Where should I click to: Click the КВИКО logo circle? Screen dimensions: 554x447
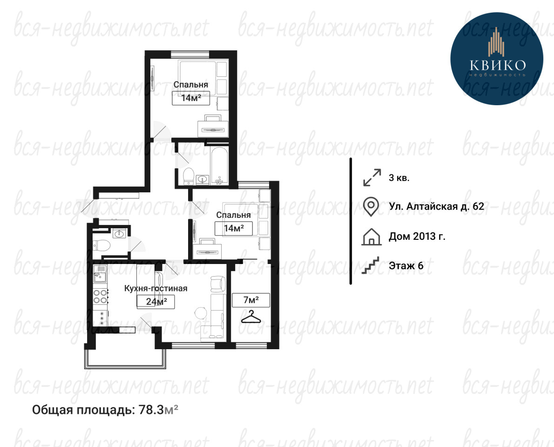(496, 58)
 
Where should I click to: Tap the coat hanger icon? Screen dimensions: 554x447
(251, 317)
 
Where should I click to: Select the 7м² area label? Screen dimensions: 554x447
(251, 300)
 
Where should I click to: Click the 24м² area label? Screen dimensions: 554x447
(156, 301)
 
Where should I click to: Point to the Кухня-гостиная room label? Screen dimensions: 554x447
(156, 288)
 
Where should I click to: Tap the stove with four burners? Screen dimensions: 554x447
(101, 297)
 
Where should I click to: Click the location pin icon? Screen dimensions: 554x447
(371, 207)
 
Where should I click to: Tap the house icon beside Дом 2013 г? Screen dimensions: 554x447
(372, 237)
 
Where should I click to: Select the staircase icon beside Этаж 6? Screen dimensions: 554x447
(371, 265)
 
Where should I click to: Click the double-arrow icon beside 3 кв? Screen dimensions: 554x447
(372, 177)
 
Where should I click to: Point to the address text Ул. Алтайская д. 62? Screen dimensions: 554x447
(436, 206)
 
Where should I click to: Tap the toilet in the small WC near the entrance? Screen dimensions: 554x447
(101, 245)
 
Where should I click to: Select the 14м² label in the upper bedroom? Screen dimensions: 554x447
(191, 98)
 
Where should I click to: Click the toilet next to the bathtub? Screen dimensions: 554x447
(189, 176)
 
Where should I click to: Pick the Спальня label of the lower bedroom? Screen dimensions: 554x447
(234, 215)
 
